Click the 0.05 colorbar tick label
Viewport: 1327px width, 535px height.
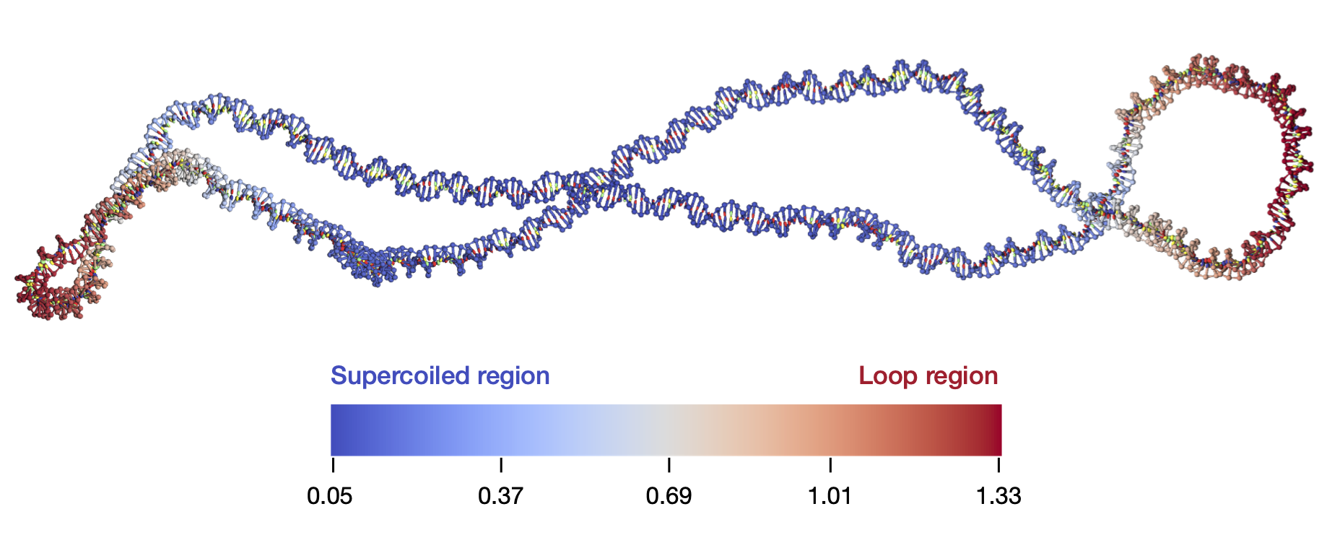click(x=329, y=497)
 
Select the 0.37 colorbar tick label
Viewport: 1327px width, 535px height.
click(x=500, y=497)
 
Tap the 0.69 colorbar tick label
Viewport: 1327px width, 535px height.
click(x=669, y=497)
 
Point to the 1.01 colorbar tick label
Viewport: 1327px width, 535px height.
click(x=830, y=497)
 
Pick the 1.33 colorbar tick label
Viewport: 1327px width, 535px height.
click(x=998, y=497)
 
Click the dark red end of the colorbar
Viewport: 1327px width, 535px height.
click(x=995, y=430)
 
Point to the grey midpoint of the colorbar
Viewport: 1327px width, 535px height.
click(x=666, y=430)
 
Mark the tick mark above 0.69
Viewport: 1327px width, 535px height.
click(x=669, y=464)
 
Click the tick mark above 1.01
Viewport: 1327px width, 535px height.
click(x=830, y=464)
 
